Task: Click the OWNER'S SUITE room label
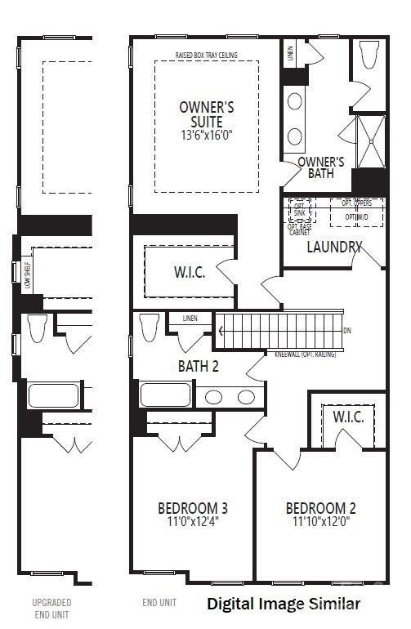pos(207,114)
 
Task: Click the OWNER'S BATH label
pos(320,167)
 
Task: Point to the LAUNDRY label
pos(334,246)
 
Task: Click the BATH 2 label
pos(199,367)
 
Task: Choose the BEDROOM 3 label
pos(192,508)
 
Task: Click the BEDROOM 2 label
pos(320,508)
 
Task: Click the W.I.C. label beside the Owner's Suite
pos(189,273)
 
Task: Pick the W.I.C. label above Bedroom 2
pos(348,417)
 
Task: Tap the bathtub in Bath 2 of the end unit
pos(166,395)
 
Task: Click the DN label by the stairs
pos(347,331)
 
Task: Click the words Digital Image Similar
pos(283,604)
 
